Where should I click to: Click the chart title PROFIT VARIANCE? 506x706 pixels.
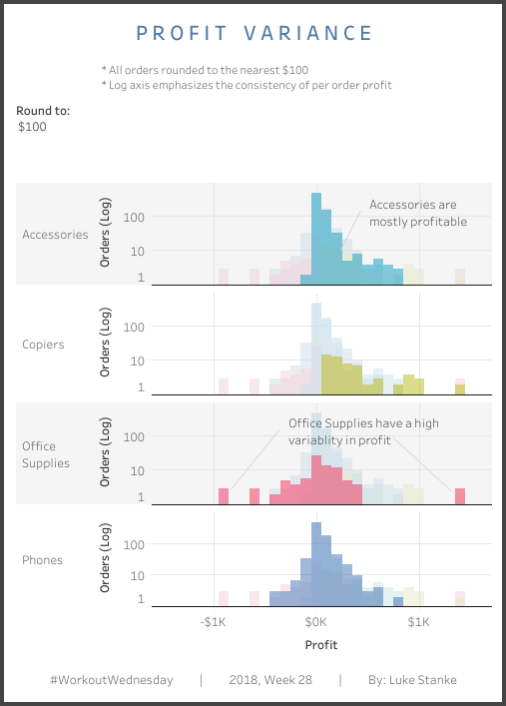[x=253, y=33]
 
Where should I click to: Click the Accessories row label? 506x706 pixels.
[x=55, y=236]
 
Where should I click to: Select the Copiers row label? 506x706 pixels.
[x=43, y=345]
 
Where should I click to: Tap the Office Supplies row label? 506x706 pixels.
[x=46, y=454]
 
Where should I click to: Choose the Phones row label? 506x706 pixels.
[x=42, y=560]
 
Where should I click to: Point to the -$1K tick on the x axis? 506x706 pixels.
[x=215, y=622]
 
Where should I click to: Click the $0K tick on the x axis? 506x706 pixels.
[x=316, y=622]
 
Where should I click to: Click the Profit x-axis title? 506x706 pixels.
[x=320, y=644]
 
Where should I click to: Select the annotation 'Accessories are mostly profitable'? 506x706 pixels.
[x=418, y=213]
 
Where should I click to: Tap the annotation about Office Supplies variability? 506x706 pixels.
[x=363, y=430]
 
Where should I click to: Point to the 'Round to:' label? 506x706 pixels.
[x=43, y=111]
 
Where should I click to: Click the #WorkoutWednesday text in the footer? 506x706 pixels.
[x=111, y=680]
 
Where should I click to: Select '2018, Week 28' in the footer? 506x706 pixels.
[x=269, y=680]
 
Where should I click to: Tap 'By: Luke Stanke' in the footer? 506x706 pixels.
[x=411, y=680]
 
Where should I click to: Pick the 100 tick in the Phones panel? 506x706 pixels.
[x=135, y=545]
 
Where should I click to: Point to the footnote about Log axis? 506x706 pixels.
[x=247, y=85]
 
